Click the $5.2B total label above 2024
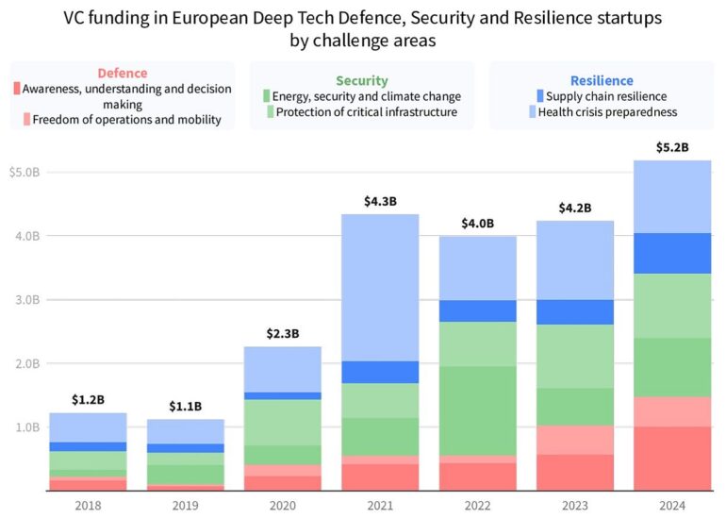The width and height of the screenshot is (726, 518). coord(671,147)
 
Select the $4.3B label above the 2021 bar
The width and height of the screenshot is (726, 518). coord(380,201)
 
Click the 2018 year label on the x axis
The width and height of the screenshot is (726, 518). coord(88,506)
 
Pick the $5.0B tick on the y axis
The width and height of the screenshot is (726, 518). coord(25,173)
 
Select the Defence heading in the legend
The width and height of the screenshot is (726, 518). coord(122,74)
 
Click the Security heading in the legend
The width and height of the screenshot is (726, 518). coord(362,81)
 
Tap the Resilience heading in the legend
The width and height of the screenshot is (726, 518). coord(602,81)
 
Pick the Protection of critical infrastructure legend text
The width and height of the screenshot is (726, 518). coord(367,112)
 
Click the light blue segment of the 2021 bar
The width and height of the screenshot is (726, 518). coord(380,287)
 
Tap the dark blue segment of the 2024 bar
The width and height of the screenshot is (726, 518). coord(671,253)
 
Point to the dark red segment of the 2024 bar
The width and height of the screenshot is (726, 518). coord(671,459)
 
